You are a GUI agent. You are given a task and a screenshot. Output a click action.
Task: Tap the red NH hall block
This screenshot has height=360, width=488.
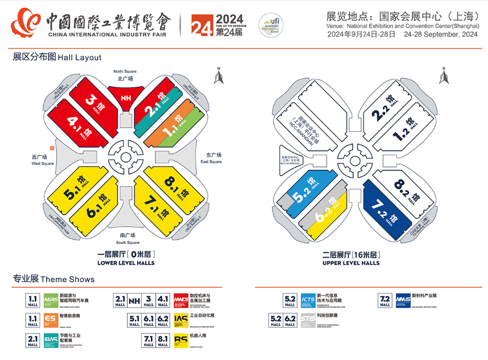[126, 99]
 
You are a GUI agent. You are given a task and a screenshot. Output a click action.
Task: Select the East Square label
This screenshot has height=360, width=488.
[211, 158]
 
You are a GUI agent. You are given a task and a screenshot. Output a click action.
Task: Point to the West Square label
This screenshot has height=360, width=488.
[42, 160]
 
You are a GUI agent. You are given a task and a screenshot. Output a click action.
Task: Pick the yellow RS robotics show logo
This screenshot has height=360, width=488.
[181, 340]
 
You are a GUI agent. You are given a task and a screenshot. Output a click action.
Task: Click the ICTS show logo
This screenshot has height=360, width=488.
[308, 300]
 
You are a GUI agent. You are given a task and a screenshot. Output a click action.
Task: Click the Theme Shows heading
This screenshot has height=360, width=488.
[54, 279]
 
